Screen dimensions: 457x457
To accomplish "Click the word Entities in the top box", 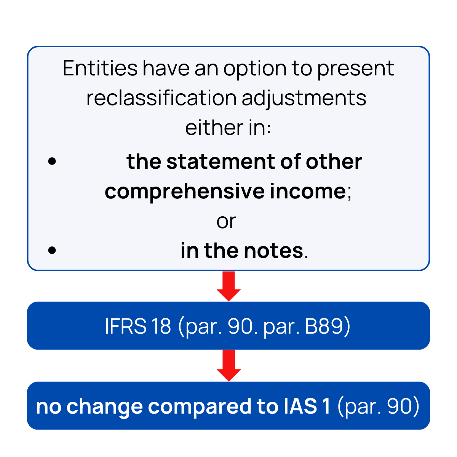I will pyautogui.click(x=100, y=69).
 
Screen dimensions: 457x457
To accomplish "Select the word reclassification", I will pyautogui.click(x=161, y=98).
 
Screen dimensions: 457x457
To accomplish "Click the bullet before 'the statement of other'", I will pyautogui.click(x=53, y=161).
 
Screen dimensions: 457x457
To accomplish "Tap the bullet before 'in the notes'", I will pyautogui.click(x=53, y=251).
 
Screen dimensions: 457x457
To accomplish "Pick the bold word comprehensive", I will pyautogui.click(x=185, y=192).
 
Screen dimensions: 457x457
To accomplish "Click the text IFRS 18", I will pyautogui.click(x=138, y=326).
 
